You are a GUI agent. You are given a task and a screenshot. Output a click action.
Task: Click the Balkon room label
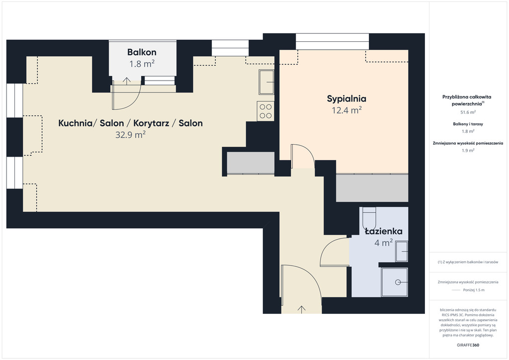[142, 52]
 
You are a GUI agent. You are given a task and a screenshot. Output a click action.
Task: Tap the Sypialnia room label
[346, 98]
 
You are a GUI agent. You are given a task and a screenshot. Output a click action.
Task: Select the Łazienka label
[384, 231]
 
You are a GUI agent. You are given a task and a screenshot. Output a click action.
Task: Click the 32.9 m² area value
[131, 134]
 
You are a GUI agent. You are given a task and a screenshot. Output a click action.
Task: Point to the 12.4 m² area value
[346, 110]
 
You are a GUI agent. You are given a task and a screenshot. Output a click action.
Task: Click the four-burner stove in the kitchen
[265, 111]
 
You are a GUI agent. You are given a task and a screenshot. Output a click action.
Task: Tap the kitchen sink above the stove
[266, 82]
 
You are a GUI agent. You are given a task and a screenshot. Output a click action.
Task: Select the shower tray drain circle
[398, 282]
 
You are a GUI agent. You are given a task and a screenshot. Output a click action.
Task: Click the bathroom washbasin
[402, 251]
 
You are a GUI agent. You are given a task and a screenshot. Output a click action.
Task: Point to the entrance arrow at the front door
[302, 309]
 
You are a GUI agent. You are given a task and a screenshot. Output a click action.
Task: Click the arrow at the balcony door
[127, 81]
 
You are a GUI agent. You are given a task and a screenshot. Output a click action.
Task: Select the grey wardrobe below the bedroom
[372, 188]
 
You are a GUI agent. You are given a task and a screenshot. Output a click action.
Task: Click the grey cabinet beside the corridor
[251, 163]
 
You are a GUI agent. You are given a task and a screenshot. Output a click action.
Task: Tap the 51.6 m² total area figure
[468, 112]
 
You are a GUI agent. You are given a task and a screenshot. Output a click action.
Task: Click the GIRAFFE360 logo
[468, 345]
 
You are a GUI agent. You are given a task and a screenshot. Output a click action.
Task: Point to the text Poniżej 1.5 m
[474, 290]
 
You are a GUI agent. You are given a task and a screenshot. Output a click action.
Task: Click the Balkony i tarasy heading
[468, 124]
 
